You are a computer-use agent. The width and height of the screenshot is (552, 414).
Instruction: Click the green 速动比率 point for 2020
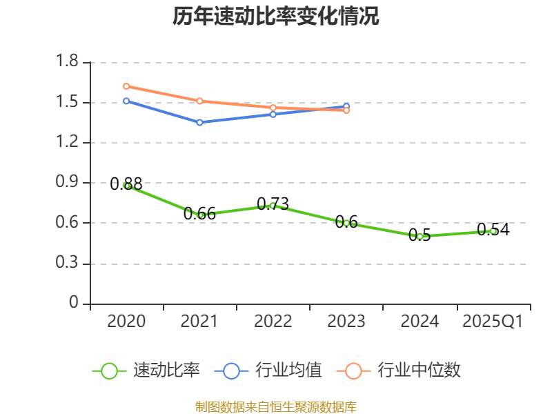(126, 186)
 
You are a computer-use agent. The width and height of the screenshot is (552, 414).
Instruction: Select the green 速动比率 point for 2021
(200, 215)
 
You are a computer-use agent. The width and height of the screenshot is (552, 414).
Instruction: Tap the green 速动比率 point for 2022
(273, 205)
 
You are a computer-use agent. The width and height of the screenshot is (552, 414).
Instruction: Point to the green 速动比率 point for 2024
(420, 236)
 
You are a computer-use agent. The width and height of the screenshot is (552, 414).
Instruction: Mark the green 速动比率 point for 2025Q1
(493, 231)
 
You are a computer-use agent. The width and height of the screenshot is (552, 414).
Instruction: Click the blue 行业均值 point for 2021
(199, 122)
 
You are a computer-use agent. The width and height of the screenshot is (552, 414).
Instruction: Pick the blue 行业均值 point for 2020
(126, 101)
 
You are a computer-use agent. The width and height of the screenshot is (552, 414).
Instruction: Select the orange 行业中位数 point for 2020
(126, 86)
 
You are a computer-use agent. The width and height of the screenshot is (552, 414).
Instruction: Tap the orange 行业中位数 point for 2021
(199, 101)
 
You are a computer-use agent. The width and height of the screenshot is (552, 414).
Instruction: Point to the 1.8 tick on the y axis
(68, 62)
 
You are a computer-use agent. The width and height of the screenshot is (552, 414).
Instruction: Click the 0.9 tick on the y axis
(68, 183)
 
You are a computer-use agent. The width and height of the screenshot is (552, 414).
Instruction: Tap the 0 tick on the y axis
(75, 304)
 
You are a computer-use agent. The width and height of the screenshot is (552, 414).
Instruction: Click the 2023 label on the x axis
(346, 322)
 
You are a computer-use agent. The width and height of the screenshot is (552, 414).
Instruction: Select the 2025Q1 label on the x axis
(493, 322)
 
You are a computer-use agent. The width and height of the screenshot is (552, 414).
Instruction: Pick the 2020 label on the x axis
(126, 322)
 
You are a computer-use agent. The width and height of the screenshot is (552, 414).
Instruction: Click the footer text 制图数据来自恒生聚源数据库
(276, 407)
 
